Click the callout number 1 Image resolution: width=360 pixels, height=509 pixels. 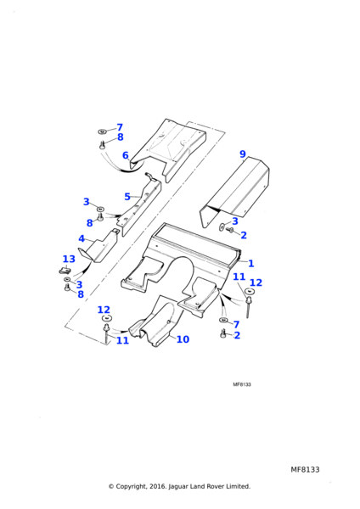click(x=250, y=263)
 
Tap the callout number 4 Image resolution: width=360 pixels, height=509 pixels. click(x=82, y=239)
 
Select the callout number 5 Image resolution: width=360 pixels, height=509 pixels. click(x=127, y=197)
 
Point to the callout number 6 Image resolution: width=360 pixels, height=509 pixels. click(x=126, y=155)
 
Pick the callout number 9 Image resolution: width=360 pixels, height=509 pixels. click(x=243, y=154)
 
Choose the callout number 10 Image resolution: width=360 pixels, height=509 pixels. click(x=183, y=339)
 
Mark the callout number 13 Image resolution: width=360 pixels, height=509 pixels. click(x=69, y=259)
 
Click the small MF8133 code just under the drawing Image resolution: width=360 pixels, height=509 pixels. click(x=242, y=384)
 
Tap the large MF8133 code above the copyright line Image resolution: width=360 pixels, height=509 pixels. click(x=305, y=469)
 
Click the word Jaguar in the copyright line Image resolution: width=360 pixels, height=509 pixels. click(x=178, y=487)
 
